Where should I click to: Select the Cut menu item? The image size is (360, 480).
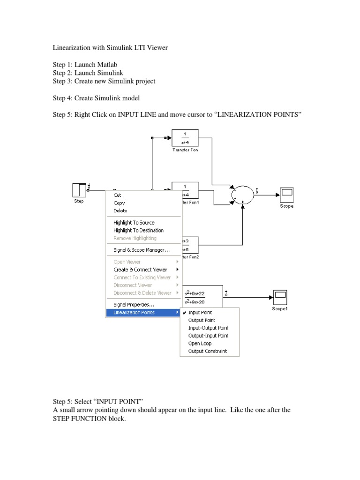tap(117, 195)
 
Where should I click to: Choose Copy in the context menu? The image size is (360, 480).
tap(119, 203)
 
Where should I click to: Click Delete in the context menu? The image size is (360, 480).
tap(120, 211)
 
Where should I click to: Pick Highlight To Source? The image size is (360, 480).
tap(134, 223)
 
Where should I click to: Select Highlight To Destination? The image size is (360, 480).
tap(138, 231)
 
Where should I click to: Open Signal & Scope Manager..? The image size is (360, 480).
tap(142, 250)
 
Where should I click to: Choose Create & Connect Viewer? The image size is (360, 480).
tap(140, 270)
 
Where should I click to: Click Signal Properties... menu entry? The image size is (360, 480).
tap(134, 305)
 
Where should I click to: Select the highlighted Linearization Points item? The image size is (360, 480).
tap(134, 313)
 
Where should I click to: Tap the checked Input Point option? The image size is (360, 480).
tap(200, 313)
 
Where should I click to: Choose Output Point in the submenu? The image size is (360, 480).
tap(202, 320)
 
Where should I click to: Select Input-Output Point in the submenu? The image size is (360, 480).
tap(208, 328)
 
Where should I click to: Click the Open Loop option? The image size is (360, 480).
tap(200, 344)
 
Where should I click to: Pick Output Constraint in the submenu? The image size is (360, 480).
tap(207, 351)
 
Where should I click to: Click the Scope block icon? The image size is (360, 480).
tap(286, 194)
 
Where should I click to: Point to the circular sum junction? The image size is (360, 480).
tap(243, 194)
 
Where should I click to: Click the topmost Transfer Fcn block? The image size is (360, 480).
tap(185, 138)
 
